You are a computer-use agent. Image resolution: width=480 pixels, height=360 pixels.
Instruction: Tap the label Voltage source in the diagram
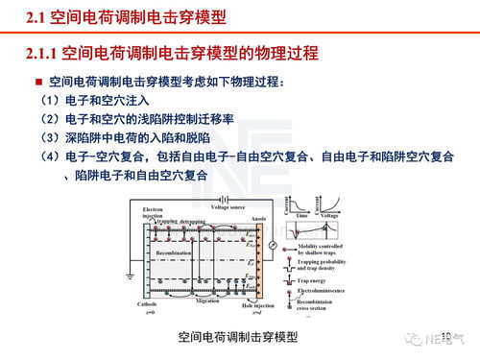pos(228,206)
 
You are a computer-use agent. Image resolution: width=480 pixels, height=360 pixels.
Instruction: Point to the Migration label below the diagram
pos(208,300)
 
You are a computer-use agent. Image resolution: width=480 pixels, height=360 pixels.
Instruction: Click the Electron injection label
pos(153,212)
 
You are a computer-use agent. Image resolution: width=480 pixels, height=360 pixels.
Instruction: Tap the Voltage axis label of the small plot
pos(329,217)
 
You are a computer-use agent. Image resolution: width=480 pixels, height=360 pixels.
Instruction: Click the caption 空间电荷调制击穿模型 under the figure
pos(238,337)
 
